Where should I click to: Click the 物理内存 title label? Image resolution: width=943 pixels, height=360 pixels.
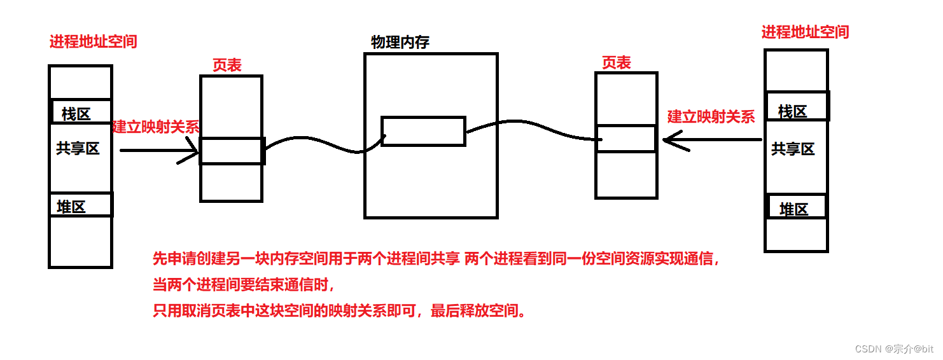400,43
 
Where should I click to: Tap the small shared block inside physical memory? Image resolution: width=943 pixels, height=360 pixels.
423,131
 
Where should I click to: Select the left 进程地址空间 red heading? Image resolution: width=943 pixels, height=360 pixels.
93,42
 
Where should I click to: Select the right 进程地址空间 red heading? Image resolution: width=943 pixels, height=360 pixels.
805,32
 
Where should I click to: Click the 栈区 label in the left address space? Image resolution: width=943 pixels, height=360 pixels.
76,114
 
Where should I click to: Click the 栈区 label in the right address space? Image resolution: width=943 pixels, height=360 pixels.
793,112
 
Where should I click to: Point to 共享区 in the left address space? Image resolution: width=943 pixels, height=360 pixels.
78,149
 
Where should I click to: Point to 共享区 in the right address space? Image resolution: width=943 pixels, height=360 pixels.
793,149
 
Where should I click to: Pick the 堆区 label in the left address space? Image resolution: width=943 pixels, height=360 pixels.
71,207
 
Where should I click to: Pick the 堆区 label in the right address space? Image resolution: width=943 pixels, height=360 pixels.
793,209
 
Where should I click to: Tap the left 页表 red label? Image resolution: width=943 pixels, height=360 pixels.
227,65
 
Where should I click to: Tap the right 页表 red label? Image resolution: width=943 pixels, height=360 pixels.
616,62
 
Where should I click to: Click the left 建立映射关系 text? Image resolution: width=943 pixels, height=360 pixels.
156,127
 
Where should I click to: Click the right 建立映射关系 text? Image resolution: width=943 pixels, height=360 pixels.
711,116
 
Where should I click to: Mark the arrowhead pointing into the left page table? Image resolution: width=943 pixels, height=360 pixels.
193,152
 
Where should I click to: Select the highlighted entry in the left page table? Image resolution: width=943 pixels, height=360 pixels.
232,151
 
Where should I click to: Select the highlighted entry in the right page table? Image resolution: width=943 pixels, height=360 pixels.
626,139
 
